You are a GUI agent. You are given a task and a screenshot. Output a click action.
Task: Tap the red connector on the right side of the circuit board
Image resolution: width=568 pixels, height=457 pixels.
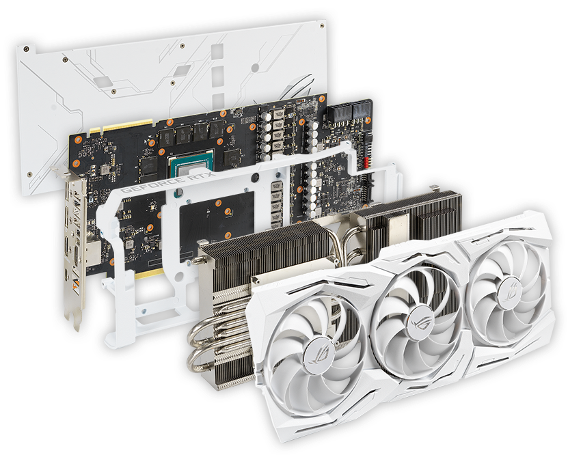366,163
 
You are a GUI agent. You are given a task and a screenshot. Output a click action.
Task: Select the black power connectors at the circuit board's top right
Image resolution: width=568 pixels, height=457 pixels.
349,110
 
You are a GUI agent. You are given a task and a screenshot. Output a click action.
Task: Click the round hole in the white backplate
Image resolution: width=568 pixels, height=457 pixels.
256,68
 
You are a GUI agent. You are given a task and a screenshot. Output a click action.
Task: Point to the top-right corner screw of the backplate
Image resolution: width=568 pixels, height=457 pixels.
322,25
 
